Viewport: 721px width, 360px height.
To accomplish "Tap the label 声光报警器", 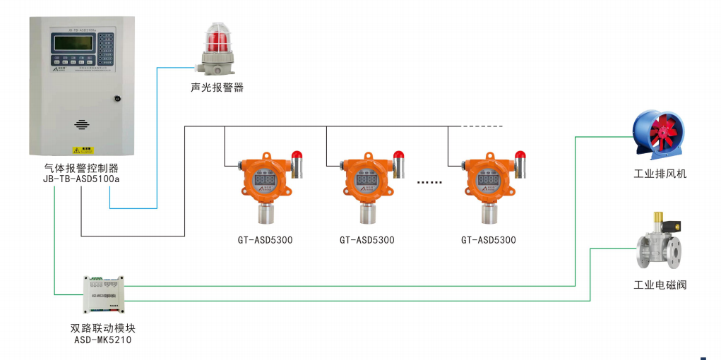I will click(217, 88).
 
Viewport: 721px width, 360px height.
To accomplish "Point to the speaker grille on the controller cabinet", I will click(82, 125).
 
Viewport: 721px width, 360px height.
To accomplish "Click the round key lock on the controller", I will click(118, 99).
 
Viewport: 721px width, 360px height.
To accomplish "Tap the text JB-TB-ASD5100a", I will click(81, 179).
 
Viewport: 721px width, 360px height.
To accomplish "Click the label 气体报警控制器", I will click(81, 168).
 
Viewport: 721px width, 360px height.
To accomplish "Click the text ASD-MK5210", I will click(103, 340).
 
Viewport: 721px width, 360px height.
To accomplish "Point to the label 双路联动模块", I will click(103, 328).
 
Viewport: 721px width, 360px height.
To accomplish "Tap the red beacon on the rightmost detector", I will click(520, 155).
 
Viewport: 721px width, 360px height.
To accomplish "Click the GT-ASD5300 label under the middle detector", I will click(367, 240).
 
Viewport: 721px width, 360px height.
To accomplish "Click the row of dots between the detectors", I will click(429, 182).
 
